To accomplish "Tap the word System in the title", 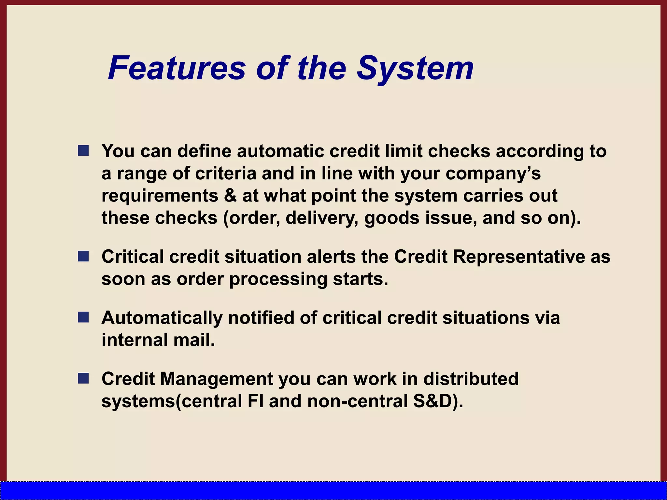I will (415, 68).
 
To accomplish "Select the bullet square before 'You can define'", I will (83, 151).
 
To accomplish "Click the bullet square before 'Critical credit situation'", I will (83, 256).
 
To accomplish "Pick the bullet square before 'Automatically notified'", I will (83, 317).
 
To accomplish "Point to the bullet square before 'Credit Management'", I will (83, 378).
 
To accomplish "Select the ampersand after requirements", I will (230, 196).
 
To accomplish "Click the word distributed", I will (471, 379).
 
